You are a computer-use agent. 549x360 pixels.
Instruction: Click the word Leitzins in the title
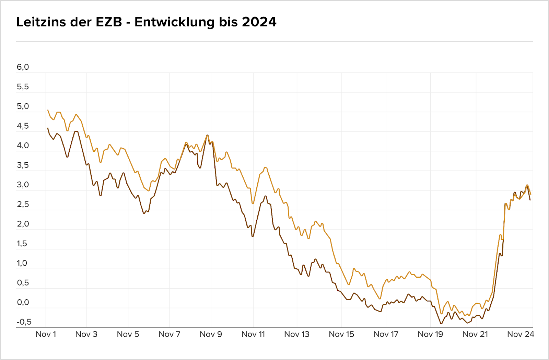tap(41, 22)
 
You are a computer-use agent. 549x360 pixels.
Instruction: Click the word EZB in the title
tap(109, 22)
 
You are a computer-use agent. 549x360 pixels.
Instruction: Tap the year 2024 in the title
tap(259, 22)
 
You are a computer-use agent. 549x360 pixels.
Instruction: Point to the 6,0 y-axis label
tap(23, 67)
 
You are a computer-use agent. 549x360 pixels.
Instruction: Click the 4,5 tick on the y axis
tap(23, 126)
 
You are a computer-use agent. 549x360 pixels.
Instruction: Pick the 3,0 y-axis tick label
tap(23, 185)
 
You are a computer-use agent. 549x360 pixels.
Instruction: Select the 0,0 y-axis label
tap(23, 303)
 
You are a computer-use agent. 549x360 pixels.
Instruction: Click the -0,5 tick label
tap(24, 322)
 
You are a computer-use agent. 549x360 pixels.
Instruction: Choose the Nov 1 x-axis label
tap(46, 334)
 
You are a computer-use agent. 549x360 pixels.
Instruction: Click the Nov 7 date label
tap(169, 334)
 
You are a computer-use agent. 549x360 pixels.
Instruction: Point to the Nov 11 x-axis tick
tap(253, 334)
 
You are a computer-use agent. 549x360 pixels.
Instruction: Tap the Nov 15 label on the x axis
tap(341, 334)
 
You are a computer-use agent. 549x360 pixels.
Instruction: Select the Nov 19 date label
tap(430, 334)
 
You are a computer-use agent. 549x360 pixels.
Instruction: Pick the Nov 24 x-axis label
tap(521, 334)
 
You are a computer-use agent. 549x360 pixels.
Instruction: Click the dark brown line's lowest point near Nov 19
tap(441, 324)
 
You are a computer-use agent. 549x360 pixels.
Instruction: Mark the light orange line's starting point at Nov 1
tap(48, 110)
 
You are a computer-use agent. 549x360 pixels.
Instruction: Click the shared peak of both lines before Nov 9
tap(207, 135)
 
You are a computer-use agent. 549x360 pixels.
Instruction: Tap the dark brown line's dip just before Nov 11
tap(253, 236)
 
